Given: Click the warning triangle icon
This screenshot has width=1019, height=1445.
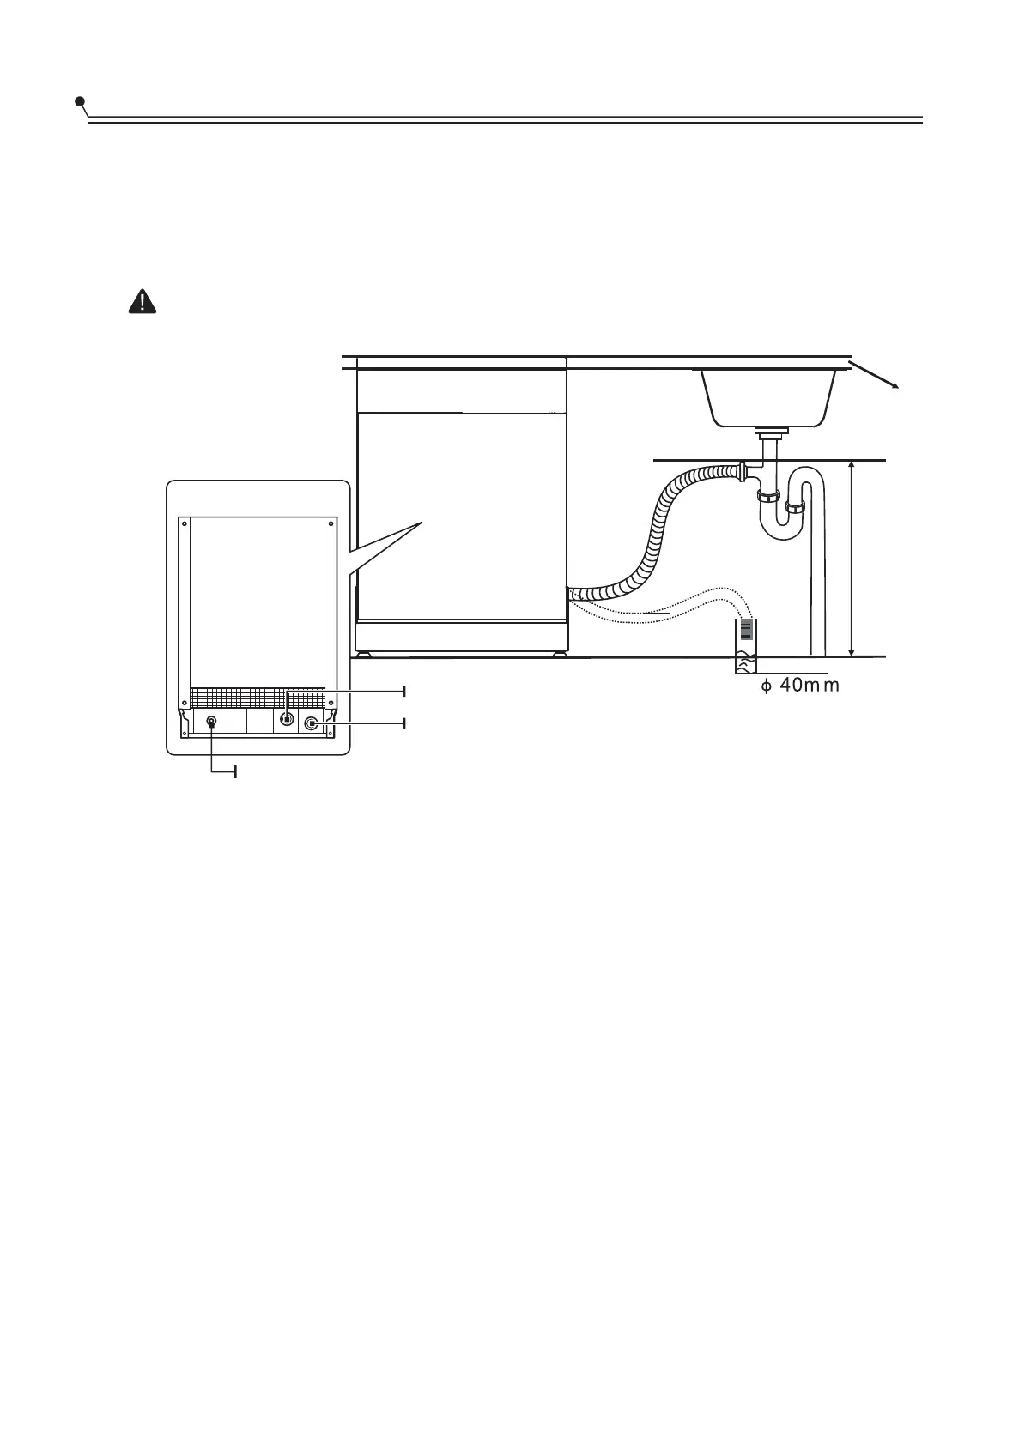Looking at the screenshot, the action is point(142,301).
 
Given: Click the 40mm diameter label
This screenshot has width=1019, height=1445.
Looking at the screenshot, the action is point(799,686).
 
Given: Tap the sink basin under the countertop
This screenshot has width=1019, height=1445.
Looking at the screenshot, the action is point(768,396).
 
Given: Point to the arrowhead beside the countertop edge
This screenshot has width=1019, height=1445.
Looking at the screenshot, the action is point(895,385).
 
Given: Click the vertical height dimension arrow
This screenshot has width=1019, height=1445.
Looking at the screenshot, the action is point(852,559).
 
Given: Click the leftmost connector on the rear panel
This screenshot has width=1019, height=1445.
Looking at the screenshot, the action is point(211,722).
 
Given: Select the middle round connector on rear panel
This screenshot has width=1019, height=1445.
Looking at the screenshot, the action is point(287,720).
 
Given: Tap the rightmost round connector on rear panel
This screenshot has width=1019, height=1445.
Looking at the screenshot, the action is point(311,723).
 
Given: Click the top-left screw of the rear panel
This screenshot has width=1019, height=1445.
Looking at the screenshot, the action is point(183,520).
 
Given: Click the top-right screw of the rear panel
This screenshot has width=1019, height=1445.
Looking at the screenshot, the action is point(331,520).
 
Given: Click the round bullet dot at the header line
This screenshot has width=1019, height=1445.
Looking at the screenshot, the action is point(80,102).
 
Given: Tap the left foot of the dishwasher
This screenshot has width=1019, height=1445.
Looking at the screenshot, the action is point(367,653).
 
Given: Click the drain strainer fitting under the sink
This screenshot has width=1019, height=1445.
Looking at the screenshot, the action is point(769,428).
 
